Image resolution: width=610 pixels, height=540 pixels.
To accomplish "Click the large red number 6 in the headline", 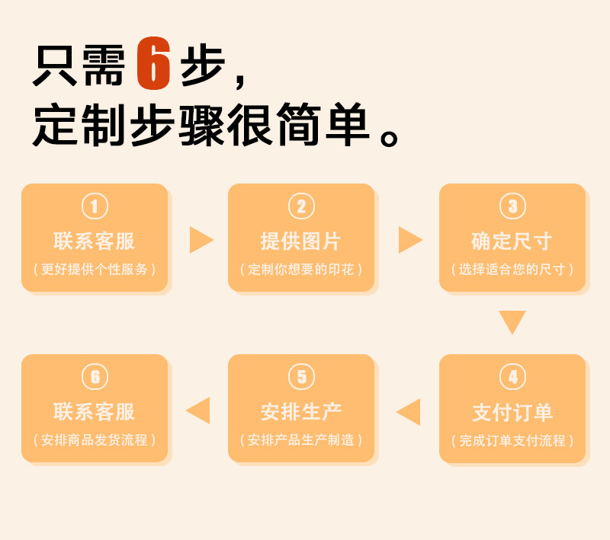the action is [152, 64].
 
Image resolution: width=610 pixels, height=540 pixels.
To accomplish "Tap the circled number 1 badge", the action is [95, 206].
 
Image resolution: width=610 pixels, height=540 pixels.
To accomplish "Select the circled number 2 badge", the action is [301, 206].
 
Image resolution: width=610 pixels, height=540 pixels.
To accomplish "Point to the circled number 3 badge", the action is [512, 206].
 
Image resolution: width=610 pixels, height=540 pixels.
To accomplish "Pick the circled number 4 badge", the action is [512, 377].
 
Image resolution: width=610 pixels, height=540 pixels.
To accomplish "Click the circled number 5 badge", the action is [301, 376].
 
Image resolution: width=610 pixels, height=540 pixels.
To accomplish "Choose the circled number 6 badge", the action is [95, 376].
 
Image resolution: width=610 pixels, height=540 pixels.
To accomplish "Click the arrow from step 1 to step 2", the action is [201, 240].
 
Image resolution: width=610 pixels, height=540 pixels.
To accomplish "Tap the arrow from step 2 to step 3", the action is [409, 240].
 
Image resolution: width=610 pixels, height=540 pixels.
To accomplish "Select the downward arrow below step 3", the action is [512, 321].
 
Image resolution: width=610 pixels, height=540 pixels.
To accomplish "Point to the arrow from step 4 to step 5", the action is [409, 412].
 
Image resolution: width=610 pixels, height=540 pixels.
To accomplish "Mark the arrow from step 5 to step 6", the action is [198, 411].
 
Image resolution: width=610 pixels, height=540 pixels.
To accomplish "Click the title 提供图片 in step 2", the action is [301, 241].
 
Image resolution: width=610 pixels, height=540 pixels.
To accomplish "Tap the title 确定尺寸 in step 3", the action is [512, 241].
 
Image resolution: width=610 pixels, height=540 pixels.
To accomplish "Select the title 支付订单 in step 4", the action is [512, 413].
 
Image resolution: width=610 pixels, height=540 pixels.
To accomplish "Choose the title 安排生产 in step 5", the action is [301, 412].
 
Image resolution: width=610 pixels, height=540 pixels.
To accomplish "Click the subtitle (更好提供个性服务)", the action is [95, 270].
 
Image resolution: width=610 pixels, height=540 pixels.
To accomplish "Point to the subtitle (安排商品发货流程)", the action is [95, 440].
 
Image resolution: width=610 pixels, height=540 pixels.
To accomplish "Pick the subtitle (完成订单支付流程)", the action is [512, 441].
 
